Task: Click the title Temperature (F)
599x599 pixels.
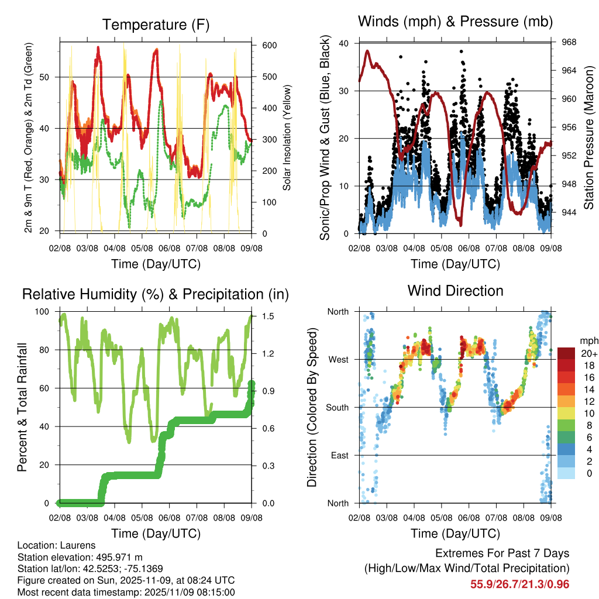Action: point(156,25)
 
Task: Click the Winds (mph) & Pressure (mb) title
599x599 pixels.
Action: point(455,22)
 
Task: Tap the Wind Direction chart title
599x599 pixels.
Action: point(455,290)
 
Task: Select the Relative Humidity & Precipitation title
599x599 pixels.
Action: point(156,294)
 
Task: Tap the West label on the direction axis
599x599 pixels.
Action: point(338,359)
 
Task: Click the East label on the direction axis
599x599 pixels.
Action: point(338,455)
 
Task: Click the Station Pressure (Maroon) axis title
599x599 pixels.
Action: point(589,138)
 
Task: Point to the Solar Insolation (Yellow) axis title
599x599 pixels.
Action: point(287,138)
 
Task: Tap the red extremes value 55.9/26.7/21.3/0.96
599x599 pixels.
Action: point(519,584)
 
